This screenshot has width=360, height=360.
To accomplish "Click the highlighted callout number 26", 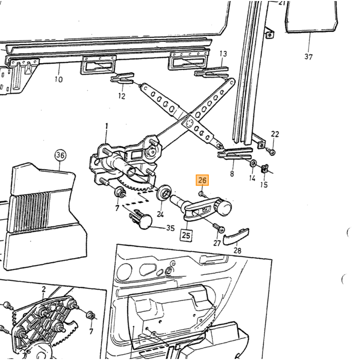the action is pos(202,180).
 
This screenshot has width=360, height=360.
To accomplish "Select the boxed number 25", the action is pos(186,236).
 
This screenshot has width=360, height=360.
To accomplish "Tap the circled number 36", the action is pos(60,155).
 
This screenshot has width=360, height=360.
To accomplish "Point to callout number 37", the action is pos(309,57).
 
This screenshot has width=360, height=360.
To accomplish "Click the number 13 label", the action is pos(223,53).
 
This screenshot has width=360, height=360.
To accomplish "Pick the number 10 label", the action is pos(59,79).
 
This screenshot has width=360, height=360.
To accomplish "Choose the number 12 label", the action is pos(122,96).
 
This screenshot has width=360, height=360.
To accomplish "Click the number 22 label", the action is pos(275,134).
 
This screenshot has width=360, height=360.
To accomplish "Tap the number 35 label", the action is pos(170,228).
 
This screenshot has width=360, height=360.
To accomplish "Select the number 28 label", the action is pos(237,250).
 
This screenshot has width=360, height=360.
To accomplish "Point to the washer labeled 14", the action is pos(254,164).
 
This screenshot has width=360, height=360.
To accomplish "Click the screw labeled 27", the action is pos(219,228).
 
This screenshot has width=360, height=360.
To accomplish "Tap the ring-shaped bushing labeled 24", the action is pos(164,192).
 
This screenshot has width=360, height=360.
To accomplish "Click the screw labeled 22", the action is pos(271,151).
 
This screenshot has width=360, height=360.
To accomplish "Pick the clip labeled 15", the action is pos(265,169).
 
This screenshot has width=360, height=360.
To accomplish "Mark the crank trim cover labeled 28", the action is pos(236,237).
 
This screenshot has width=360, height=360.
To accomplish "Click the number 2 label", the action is pos(44,289).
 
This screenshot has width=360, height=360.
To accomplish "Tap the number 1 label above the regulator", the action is pos(106,126).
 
